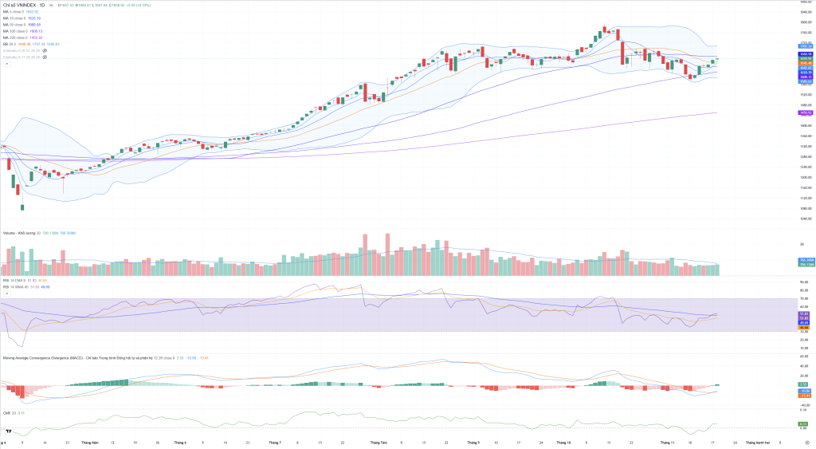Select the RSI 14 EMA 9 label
(x=16, y=280)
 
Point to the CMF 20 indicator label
(x=9, y=412)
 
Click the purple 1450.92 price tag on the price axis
(x=805, y=112)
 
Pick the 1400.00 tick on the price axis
(x=804, y=125)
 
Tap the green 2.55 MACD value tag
(x=804, y=384)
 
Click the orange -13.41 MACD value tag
(x=805, y=395)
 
